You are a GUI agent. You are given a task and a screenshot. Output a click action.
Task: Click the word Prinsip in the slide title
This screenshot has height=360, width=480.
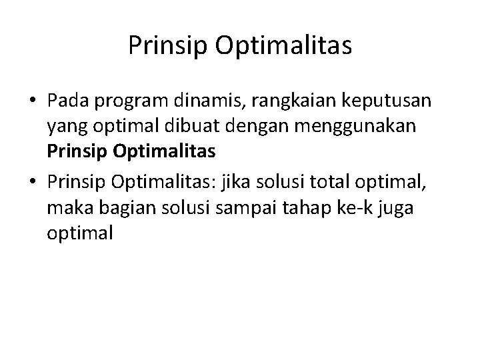pyautogui.click(x=167, y=46)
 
